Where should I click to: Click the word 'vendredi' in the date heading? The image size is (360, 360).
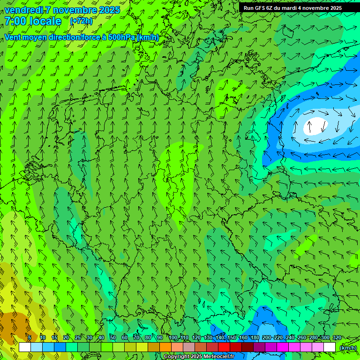24,10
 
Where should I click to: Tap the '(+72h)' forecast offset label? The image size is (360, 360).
81,21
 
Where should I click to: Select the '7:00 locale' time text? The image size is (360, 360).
33,21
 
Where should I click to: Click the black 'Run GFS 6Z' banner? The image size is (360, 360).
292,8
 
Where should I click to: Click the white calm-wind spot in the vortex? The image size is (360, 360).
315,125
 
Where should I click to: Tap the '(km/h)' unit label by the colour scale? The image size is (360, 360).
348,348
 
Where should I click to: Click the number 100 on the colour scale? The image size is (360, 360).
173,337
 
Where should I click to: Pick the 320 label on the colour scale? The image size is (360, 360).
337,337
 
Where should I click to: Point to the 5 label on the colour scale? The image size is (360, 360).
30,337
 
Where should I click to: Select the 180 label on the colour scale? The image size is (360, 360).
255,337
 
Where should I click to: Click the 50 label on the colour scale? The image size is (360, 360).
112,337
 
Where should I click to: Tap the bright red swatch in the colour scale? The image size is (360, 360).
224,347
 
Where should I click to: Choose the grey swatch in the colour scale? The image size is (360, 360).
189,347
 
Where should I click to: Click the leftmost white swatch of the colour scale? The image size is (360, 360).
25,347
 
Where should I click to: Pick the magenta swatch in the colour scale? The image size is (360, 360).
283,347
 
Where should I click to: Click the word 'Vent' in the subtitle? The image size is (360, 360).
13,37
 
